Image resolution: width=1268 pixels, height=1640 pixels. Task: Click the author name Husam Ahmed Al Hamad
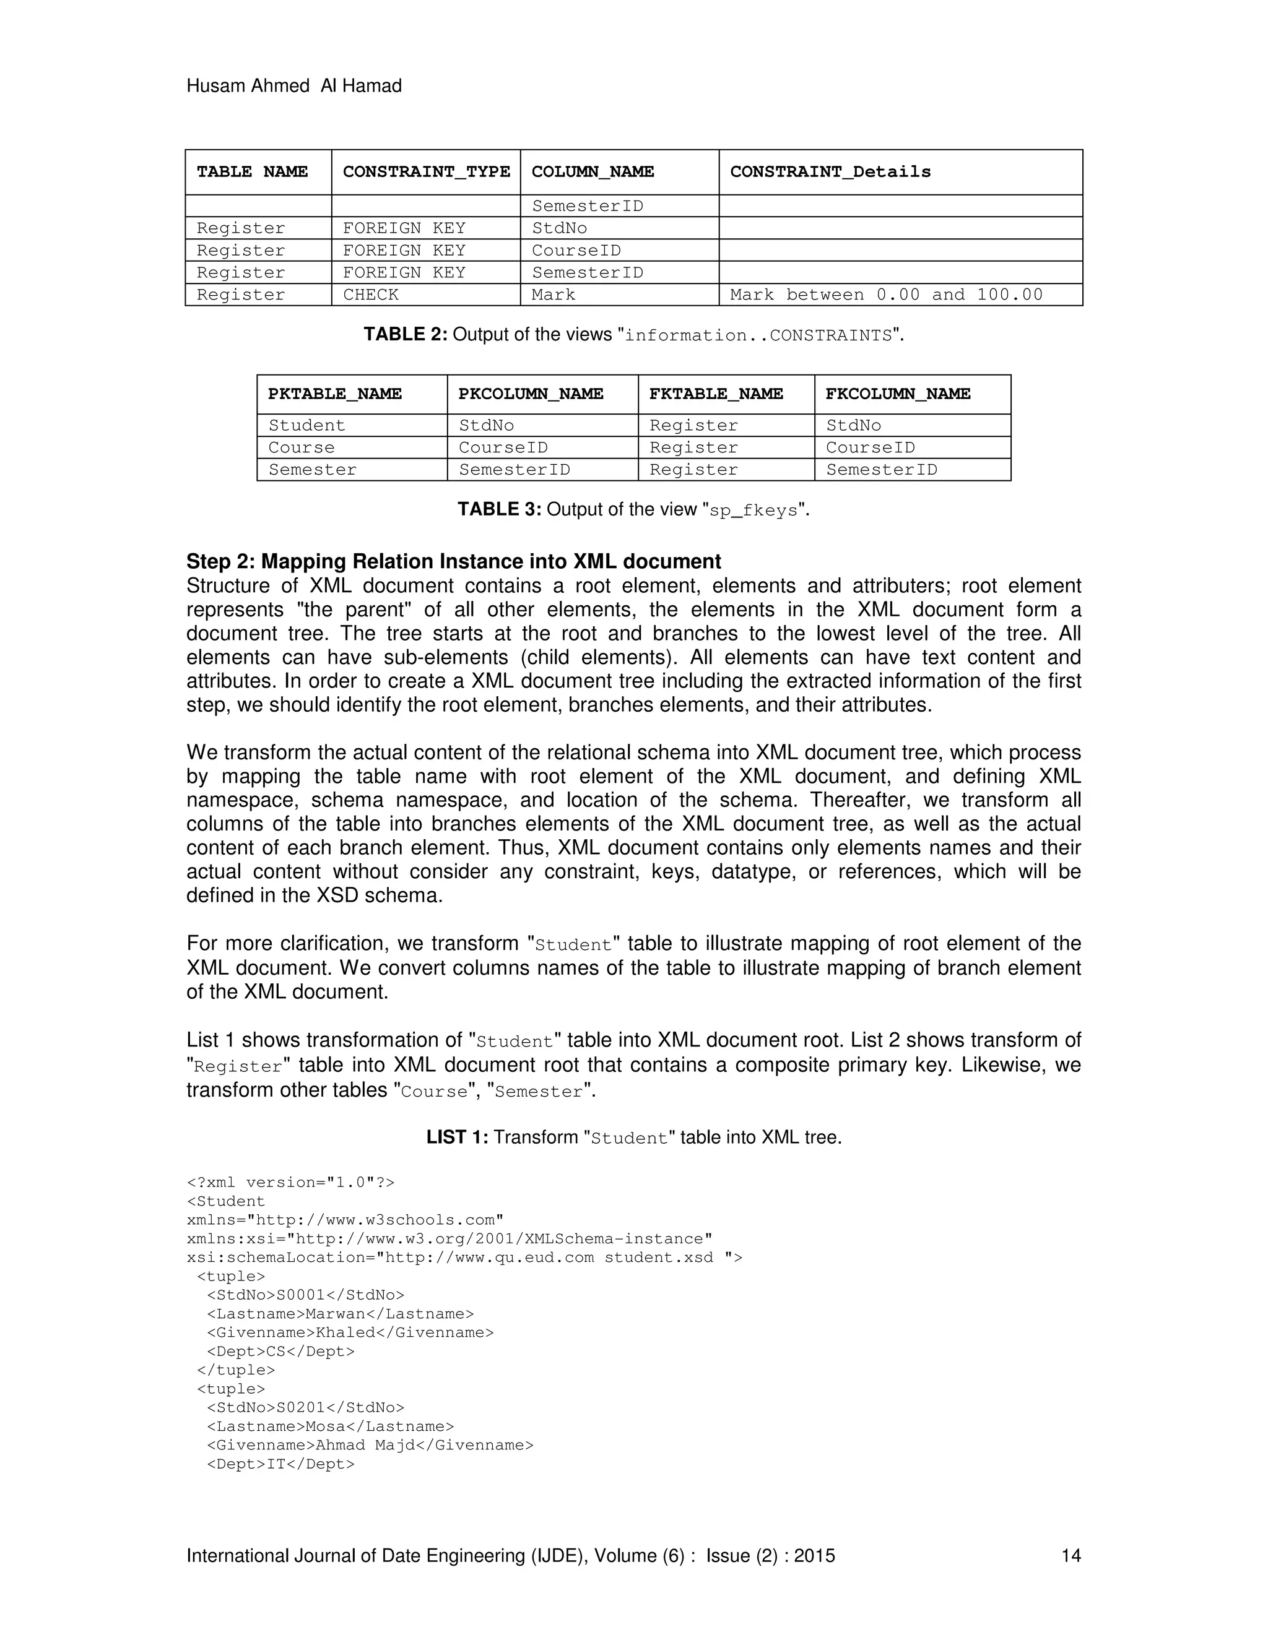pyautogui.click(x=293, y=87)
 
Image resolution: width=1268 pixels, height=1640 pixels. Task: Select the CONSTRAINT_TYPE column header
pyautogui.click(x=426, y=172)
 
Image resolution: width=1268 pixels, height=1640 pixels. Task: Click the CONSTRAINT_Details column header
pyautogui.click(x=830, y=172)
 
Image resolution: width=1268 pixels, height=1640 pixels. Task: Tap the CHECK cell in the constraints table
pyautogui.click(x=370, y=295)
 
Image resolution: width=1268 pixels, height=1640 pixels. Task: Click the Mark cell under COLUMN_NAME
pyautogui.click(x=553, y=295)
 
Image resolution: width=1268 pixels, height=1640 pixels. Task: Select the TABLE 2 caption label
pyautogui.click(x=406, y=335)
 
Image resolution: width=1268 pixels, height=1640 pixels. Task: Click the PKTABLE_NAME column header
pyautogui.click(x=334, y=394)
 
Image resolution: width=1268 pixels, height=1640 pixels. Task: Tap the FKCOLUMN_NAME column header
pyautogui.click(x=898, y=394)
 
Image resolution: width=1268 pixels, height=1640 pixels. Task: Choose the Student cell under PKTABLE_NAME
pyautogui.click(x=306, y=426)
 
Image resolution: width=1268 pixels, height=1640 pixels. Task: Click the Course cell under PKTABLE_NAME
pyautogui.click(x=302, y=448)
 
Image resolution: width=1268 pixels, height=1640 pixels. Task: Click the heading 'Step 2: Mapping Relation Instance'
pyautogui.click(x=453, y=562)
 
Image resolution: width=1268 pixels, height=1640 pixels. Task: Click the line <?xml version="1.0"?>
pyautogui.click(x=290, y=1183)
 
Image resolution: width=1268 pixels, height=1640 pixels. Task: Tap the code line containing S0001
pyautogui.click(x=305, y=1295)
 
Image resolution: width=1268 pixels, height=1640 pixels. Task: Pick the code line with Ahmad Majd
pyautogui.click(x=370, y=1446)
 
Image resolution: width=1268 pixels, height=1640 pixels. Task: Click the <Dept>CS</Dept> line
pyautogui.click(x=280, y=1352)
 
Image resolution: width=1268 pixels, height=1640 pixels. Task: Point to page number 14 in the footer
pyautogui.click(x=1070, y=1556)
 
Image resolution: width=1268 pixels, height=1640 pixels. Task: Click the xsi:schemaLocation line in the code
pyautogui.click(x=464, y=1258)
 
